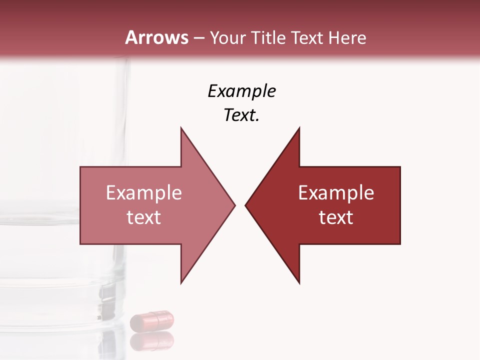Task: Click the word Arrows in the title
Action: (x=156, y=37)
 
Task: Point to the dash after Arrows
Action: (x=198, y=38)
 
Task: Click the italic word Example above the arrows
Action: (x=241, y=91)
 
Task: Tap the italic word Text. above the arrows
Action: (x=241, y=115)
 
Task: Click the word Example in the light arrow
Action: (x=144, y=193)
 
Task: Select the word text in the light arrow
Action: (x=144, y=217)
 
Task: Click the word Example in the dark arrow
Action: (x=336, y=193)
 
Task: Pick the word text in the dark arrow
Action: (x=336, y=217)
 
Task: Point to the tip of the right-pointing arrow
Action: (x=234, y=205)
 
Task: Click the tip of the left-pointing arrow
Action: (x=245, y=205)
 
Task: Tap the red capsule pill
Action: (x=152, y=320)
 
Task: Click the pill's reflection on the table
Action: (x=152, y=341)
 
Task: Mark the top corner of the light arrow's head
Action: (x=181, y=128)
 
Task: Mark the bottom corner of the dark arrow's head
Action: (x=299, y=283)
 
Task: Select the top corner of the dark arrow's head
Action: (x=299, y=128)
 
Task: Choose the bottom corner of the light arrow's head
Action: (x=181, y=283)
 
